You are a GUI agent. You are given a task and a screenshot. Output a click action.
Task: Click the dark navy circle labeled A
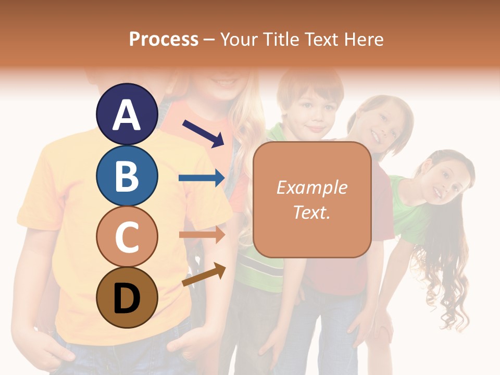tap(127, 114)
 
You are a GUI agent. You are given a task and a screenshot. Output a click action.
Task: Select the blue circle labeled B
tap(127, 176)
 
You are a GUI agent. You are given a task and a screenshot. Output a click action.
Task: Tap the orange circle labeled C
tap(127, 236)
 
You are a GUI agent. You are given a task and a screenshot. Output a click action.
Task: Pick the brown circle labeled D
tap(127, 297)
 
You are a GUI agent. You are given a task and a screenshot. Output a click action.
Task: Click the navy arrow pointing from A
tap(203, 133)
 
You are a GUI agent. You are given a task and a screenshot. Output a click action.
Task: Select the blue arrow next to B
tap(202, 178)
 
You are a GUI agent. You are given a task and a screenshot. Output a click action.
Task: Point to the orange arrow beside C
tap(202, 234)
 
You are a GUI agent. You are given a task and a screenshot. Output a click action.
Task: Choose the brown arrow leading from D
tap(204, 274)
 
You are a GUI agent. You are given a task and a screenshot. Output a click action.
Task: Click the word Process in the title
tap(164, 39)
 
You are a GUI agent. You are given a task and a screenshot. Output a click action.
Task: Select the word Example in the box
tap(311, 187)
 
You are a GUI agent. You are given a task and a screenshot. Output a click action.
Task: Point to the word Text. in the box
tap(311, 212)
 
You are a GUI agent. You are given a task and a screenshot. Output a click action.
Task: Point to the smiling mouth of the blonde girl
tap(226, 82)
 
